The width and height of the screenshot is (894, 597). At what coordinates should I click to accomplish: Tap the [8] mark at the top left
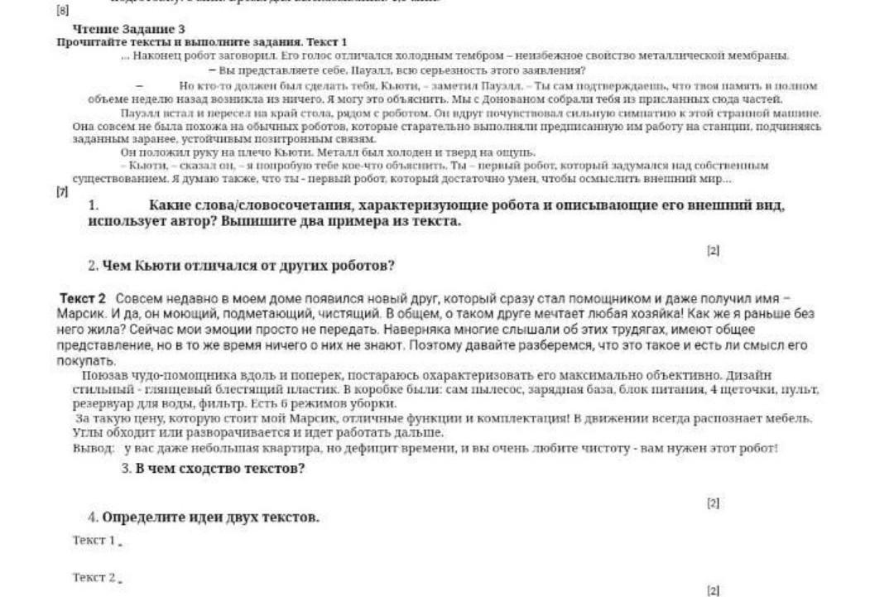(61, 11)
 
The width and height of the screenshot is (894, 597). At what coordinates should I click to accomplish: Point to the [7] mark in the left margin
(61, 192)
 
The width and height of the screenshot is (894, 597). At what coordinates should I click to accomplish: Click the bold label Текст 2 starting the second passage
(83, 298)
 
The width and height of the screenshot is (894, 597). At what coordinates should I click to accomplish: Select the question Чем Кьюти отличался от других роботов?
(248, 266)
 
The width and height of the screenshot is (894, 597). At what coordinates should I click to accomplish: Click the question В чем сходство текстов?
(220, 469)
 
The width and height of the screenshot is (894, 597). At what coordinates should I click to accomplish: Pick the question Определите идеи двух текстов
(210, 518)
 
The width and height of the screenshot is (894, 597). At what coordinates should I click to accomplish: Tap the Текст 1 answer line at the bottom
(95, 540)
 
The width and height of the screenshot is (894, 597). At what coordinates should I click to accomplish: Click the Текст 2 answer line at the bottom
(95, 577)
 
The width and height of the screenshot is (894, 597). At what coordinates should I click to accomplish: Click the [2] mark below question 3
(714, 503)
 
